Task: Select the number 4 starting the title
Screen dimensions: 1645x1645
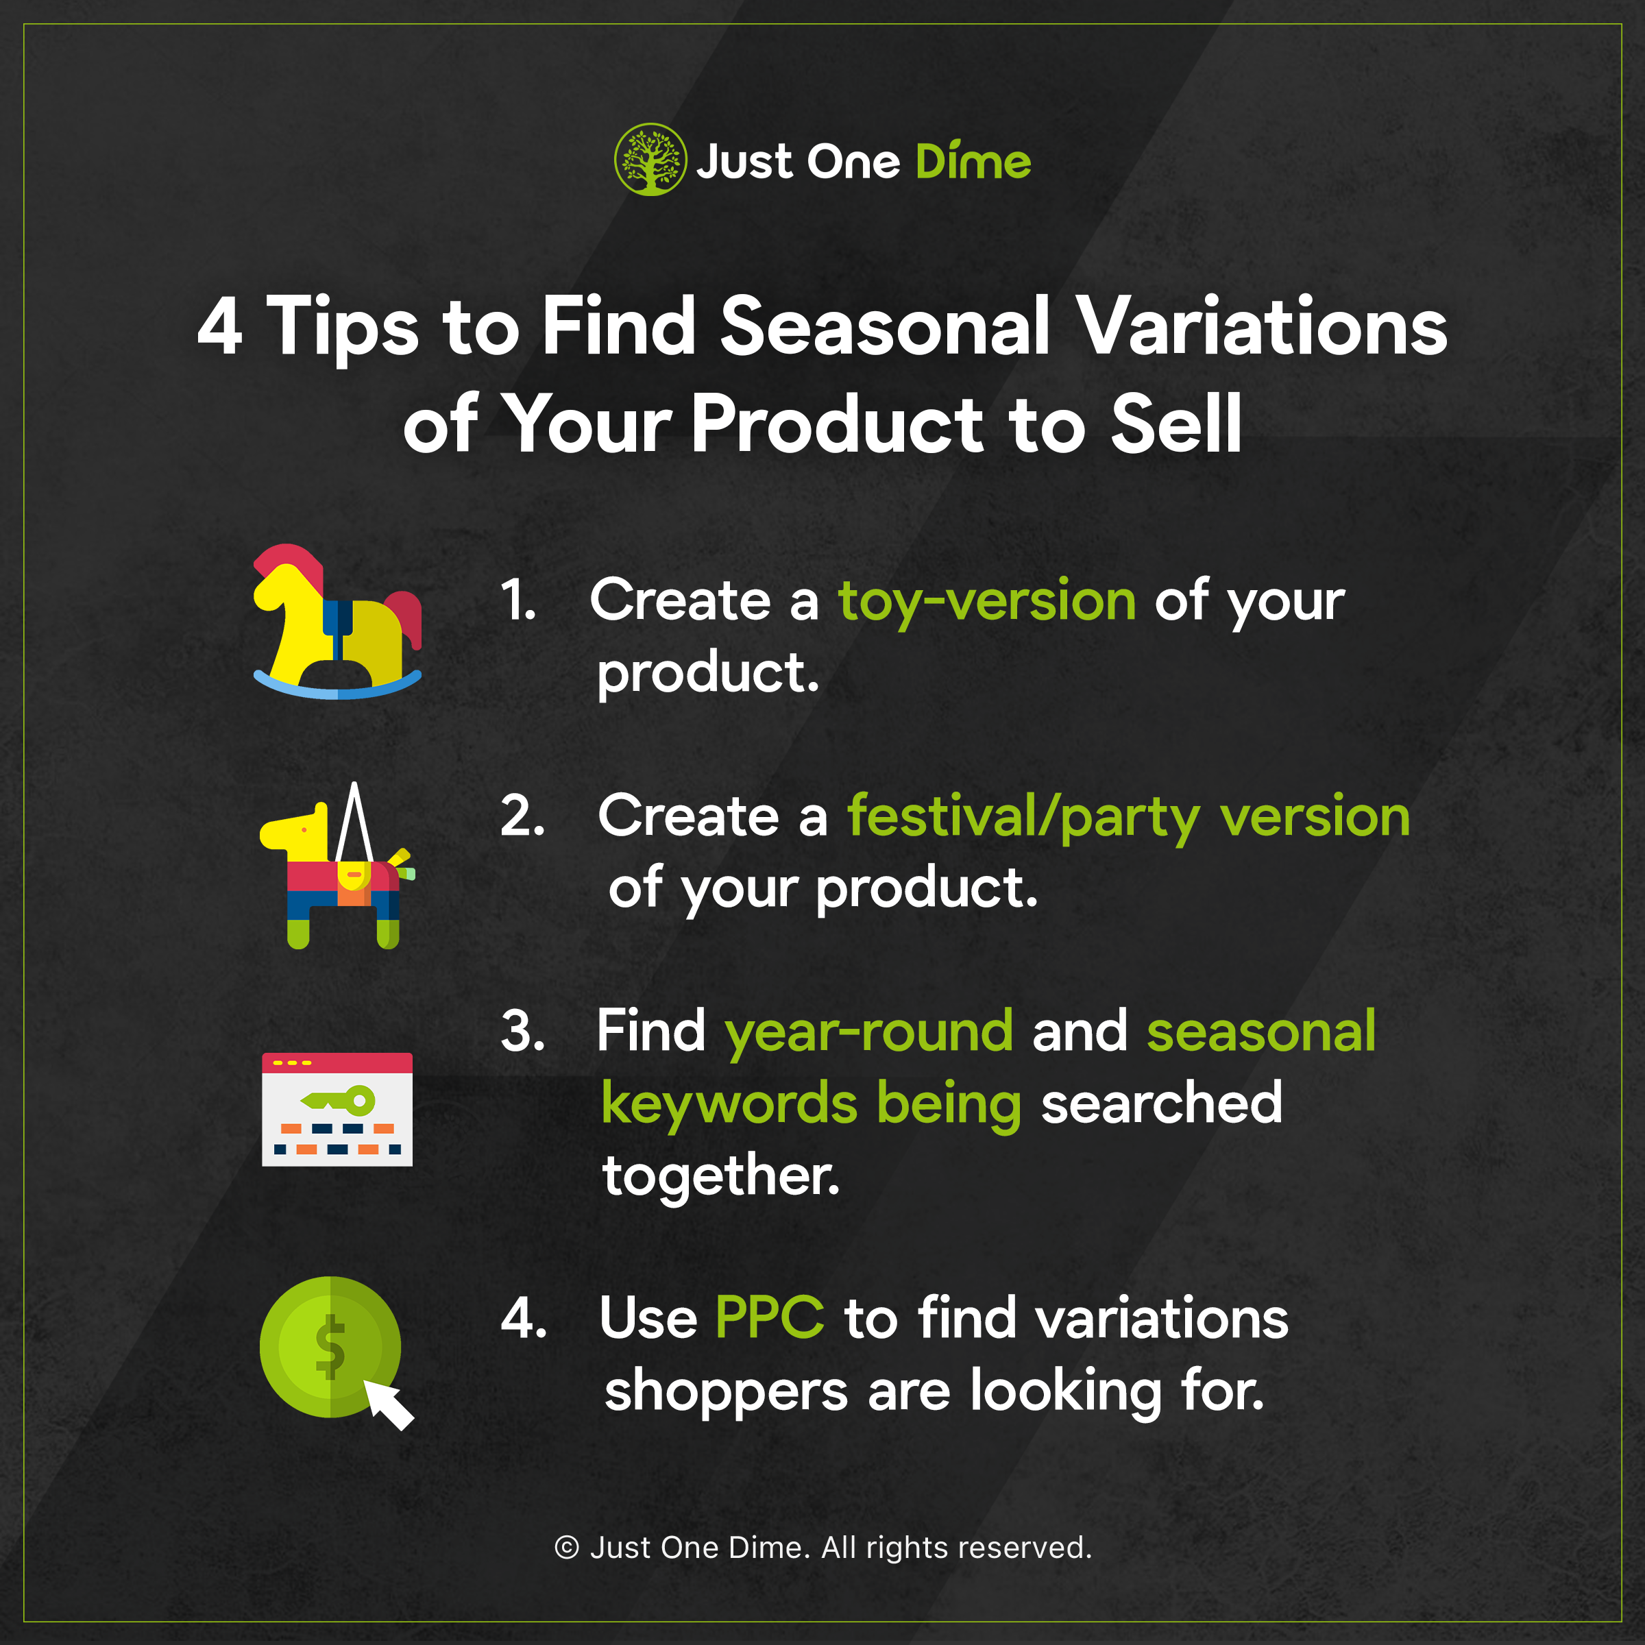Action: (x=221, y=327)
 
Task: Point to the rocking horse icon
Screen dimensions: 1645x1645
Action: (x=338, y=622)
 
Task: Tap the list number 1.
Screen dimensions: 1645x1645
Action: (x=517, y=600)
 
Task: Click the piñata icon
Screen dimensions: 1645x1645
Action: (x=337, y=866)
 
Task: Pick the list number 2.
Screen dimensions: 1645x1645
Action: (x=522, y=815)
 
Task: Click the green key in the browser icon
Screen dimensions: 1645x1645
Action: (x=338, y=1100)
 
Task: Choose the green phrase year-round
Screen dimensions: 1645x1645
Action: (x=868, y=1033)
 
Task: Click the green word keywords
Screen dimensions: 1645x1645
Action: (x=730, y=1104)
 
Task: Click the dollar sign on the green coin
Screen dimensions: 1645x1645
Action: (x=330, y=1346)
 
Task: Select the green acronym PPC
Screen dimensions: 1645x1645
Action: (x=770, y=1318)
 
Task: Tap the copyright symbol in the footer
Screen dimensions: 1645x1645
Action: (x=567, y=1547)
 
